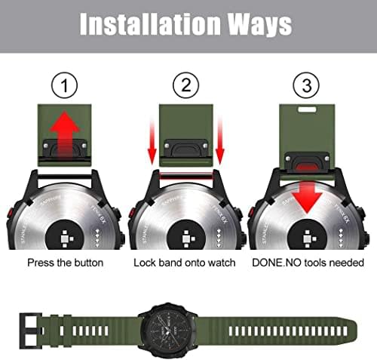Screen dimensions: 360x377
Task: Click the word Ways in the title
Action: pyautogui.click(x=259, y=24)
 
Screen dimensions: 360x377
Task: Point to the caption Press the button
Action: pyautogui.click(x=66, y=263)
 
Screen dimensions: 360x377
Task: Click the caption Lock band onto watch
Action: pyautogui.click(x=185, y=263)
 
